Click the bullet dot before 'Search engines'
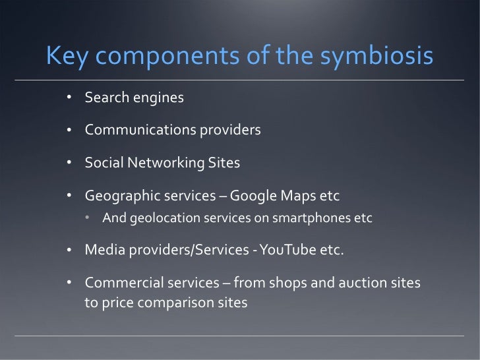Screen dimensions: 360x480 click(69, 99)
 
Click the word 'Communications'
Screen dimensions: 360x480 click(136, 130)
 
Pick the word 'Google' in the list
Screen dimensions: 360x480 click(255, 196)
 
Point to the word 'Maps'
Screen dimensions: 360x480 click(296, 196)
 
